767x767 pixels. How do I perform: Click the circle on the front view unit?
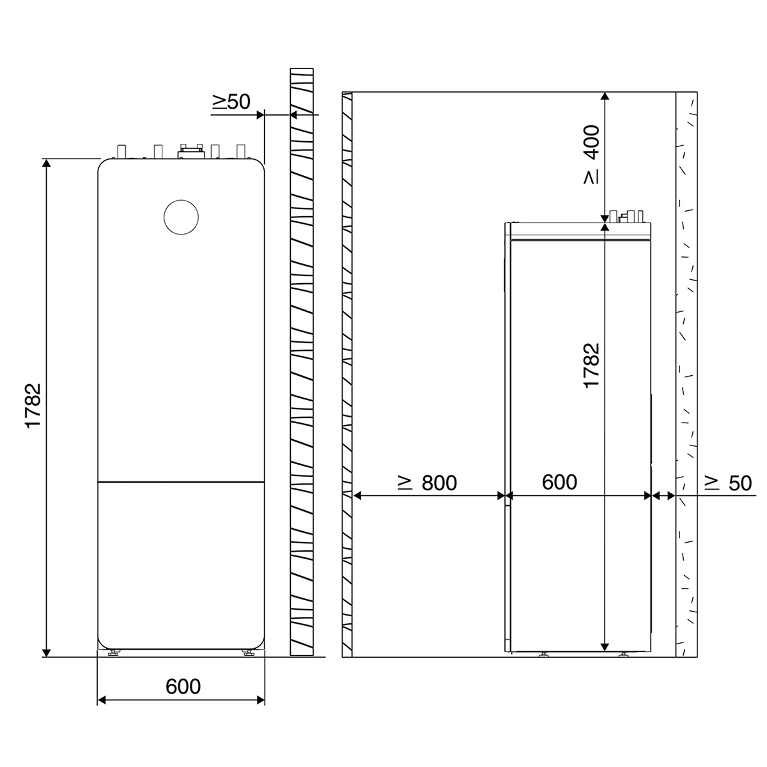tap(181, 200)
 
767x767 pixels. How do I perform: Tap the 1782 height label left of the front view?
tap(33, 405)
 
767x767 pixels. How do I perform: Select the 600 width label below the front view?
tap(183, 686)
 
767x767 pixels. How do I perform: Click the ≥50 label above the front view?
tap(231, 102)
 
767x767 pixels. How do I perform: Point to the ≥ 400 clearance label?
tap(591, 155)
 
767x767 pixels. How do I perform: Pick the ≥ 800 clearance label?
tap(428, 483)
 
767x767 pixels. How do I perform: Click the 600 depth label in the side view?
tap(559, 482)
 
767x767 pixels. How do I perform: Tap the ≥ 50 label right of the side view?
tap(728, 483)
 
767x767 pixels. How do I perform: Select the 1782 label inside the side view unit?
tap(591, 366)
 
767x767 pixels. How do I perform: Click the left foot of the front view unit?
tap(114, 663)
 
